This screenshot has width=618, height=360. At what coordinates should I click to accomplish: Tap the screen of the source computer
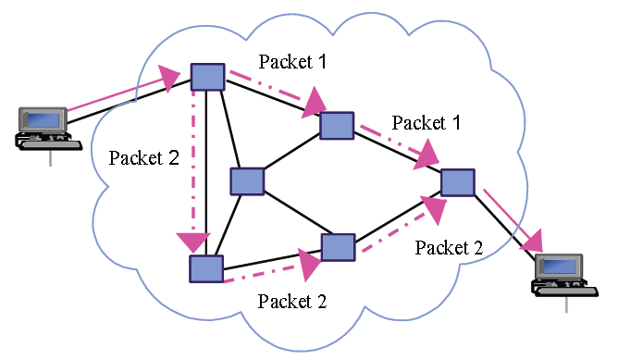(43, 119)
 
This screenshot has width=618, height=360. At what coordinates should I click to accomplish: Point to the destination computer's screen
(565, 267)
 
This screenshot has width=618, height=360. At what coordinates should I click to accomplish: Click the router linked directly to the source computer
(207, 76)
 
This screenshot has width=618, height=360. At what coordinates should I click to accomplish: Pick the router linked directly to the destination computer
(458, 181)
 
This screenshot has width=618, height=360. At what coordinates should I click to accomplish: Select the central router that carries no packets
(248, 181)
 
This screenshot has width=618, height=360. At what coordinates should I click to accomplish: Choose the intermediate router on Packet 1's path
(337, 125)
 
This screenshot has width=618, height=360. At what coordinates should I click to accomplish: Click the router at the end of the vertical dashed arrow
(206, 268)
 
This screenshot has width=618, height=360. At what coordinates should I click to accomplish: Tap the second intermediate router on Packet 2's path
(338, 247)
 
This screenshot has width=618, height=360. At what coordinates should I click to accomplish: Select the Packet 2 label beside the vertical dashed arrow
(143, 156)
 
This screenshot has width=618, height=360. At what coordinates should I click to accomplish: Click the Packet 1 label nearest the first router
(292, 61)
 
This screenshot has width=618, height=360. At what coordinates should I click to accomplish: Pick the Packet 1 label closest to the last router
(426, 122)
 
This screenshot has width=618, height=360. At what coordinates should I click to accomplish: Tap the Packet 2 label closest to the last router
(449, 247)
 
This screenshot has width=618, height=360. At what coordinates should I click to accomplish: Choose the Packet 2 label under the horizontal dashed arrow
(292, 301)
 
